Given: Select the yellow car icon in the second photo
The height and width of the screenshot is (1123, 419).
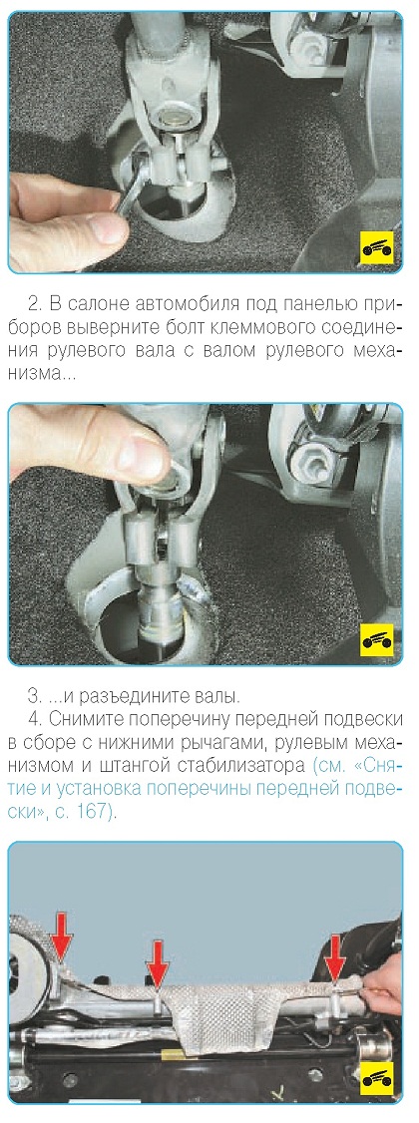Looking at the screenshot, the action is (377, 639).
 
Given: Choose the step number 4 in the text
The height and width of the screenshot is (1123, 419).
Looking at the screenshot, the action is (33, 718).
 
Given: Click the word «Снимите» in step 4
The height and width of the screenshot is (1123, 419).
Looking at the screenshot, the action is (77, 719).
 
